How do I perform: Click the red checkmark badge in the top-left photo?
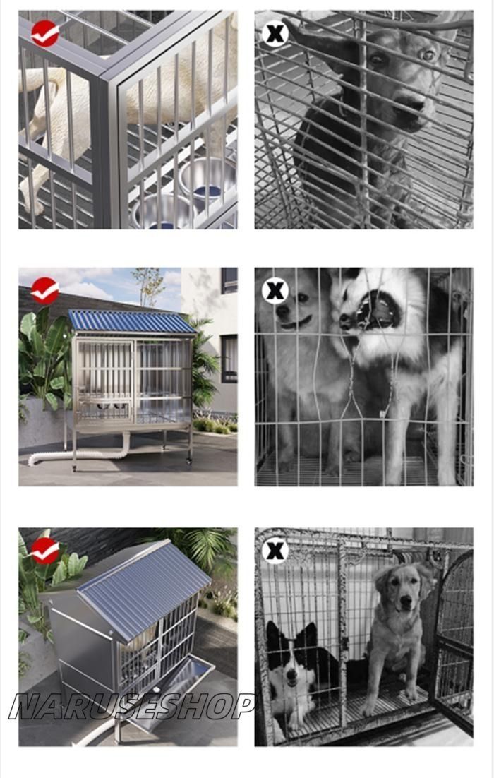(x=45, y=34)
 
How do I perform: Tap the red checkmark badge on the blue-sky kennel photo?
(x=45, y=290)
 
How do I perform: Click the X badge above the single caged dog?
(x=275, y=34)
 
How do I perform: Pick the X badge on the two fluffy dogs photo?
(x=275, y=291)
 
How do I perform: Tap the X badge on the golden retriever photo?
(x=275, y=550)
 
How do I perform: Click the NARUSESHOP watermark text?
(x=132, y=705)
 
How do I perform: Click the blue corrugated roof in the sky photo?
(x=131, y=321)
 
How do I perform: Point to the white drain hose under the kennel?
(x=79, y=453)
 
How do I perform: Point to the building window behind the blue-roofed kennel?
(x=229, y=358)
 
